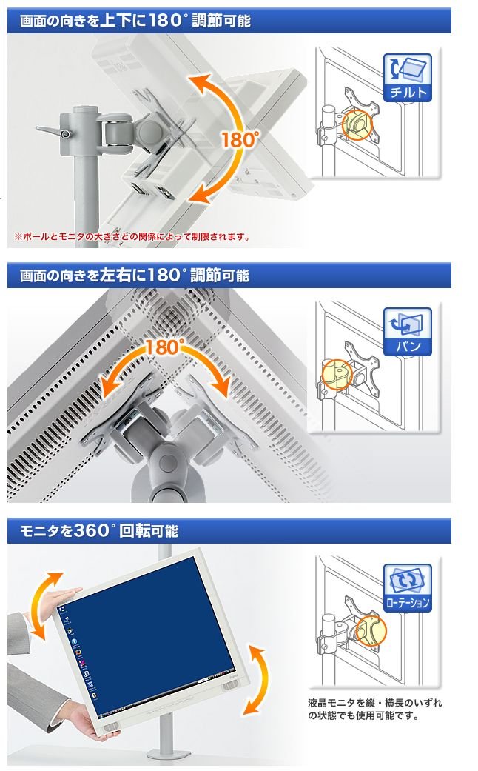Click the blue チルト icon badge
pyautogui.click(x=407, y=78)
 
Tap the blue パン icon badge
pyautogui.click(x=407, y=332)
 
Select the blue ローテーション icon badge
pyautogui.click(x=407, y=588)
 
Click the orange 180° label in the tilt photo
pyautogui.click(x=239, y=140)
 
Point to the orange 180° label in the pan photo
pyautogui.click(x=164, y=347)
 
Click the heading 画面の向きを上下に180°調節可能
pyautogui.click(x=135, y=21)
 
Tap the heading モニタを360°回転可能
pyautogui.click(x=99, y=531)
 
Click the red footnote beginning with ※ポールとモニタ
pyautogui.click(x=132, y=237)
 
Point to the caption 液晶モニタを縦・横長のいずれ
pyautogui.click(x=375, y=703)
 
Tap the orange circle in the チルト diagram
pyautogui.click(x=358, y=124)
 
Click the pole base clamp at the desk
pyautogui.click(x=168, y=753)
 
